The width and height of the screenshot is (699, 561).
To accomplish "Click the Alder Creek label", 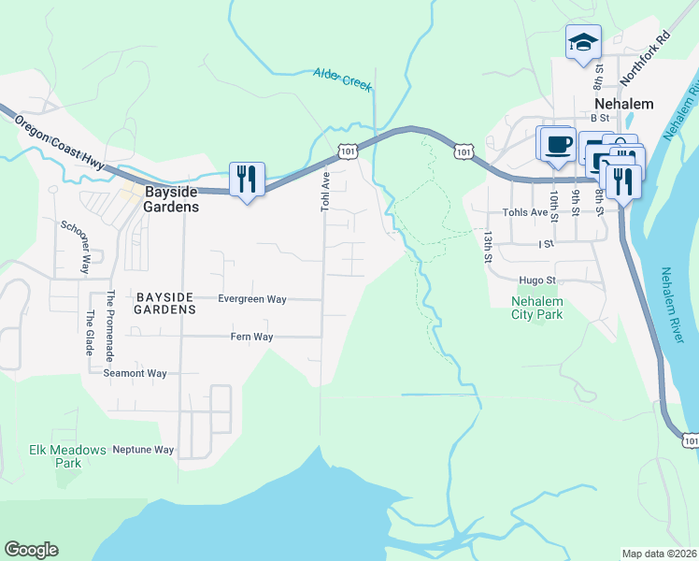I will pos(342,79).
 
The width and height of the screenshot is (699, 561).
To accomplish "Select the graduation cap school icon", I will pos(582,42).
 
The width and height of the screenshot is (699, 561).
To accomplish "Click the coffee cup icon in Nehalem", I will pos(559,144).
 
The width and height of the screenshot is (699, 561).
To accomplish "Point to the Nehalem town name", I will pos(623,104).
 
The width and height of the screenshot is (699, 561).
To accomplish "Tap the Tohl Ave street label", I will pos(326,190).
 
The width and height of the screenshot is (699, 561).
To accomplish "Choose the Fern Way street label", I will pos(251,337).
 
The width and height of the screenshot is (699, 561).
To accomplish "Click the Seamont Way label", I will pos(135,373).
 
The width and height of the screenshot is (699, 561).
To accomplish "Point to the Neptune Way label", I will pos(143,450).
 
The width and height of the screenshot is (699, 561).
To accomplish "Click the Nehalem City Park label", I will pos(537,308).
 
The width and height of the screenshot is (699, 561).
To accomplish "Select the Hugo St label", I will pos(537,280).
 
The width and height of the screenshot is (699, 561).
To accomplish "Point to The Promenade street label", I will pos(109,326).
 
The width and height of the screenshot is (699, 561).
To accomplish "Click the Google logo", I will pos(31,550).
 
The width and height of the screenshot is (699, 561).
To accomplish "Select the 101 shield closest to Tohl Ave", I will pos(347,151).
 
